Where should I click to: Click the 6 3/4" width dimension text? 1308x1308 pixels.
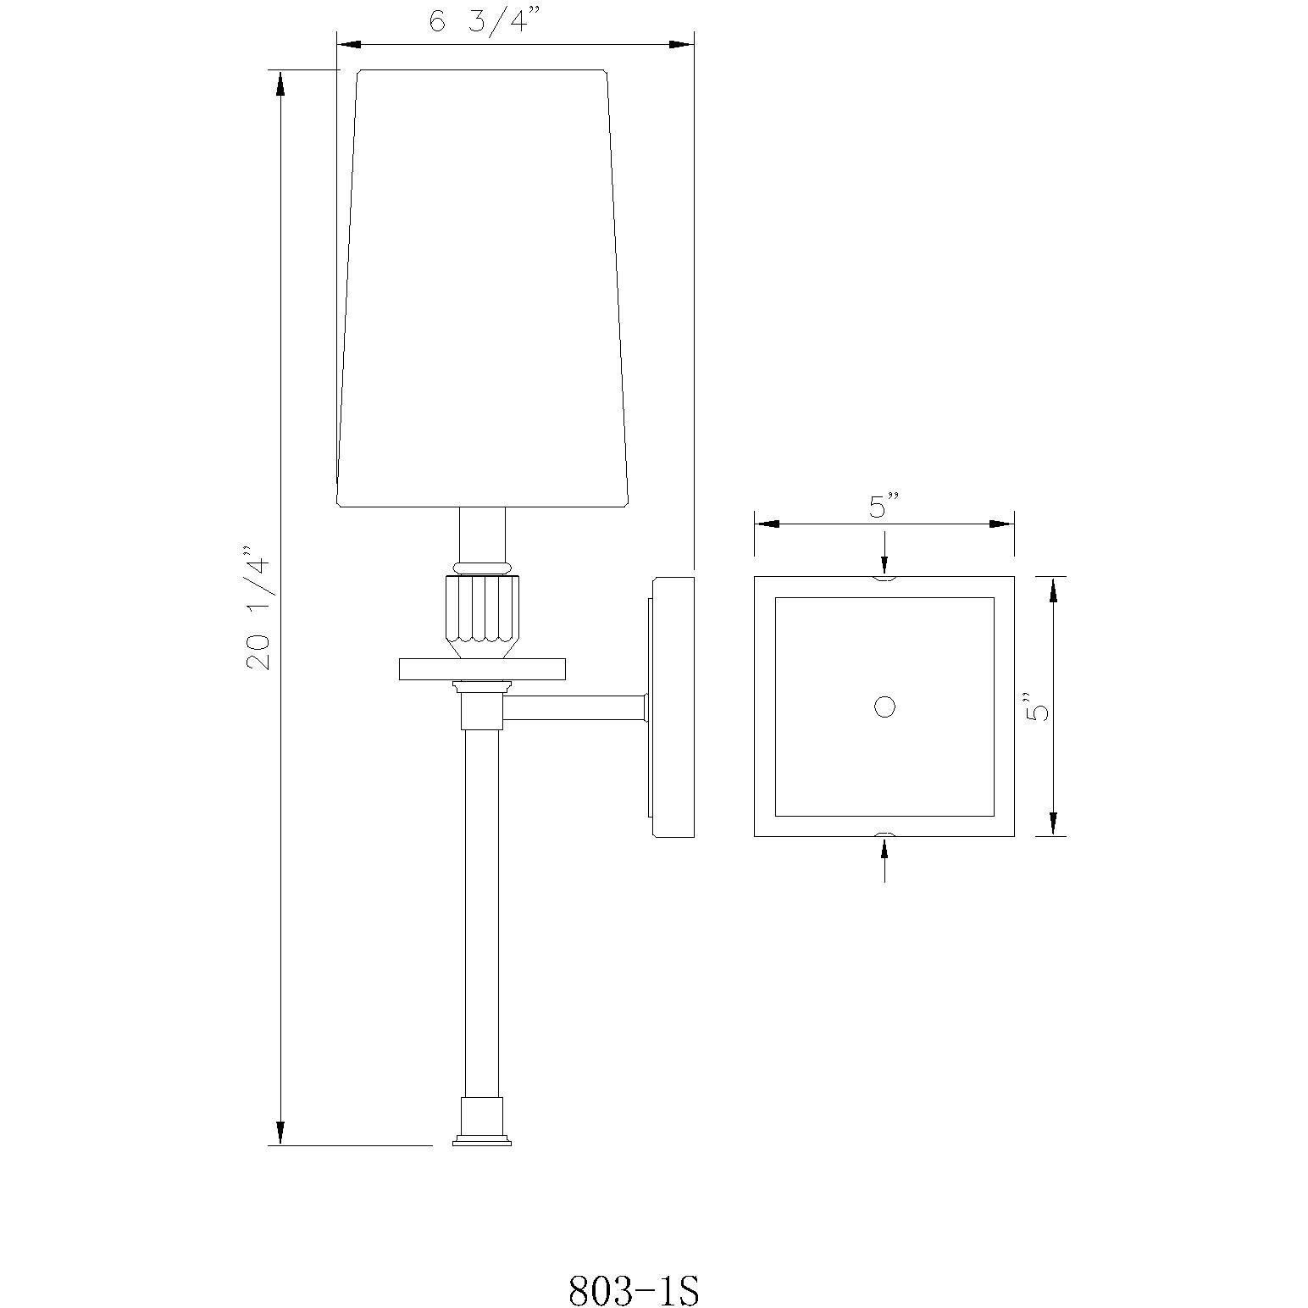(479, 21)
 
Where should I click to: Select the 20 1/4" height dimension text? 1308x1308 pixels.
(259, 607)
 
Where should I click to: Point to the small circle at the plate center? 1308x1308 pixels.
(884, 707)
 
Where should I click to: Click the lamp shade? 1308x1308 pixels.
(483, 288)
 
